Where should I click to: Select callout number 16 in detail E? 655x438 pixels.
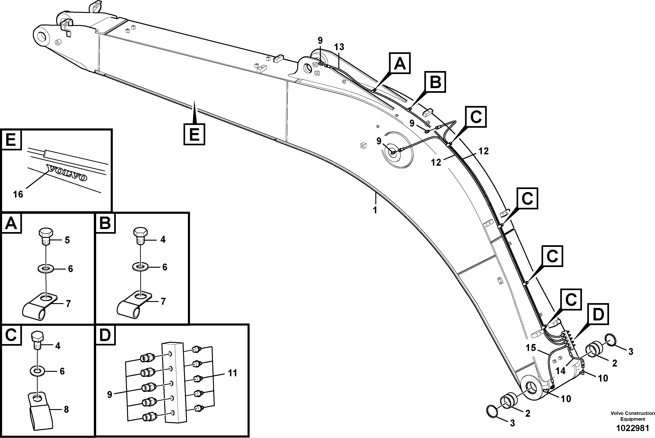coord(18,194)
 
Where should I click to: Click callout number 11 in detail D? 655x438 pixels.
coord(232,373)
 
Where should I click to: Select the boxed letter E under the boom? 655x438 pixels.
coord(194,134)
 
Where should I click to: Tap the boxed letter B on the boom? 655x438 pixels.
coord(435,82)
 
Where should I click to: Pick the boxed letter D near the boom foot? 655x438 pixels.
coord(598,314)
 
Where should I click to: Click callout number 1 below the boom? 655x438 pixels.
coord(375,210)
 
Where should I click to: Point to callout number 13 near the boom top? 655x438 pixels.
coord(339,47)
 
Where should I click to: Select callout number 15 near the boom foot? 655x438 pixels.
coord(531,348)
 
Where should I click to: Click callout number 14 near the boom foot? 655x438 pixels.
coord(560,371)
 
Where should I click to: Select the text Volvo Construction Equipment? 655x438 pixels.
coord(632,416)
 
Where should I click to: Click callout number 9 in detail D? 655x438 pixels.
coord(110,395)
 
